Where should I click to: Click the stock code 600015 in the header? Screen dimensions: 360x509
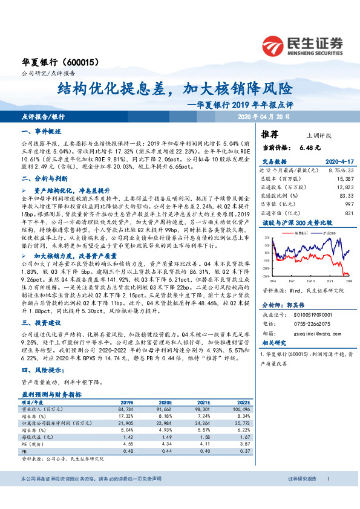click(82, 62)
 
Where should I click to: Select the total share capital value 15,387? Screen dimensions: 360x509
click(344, 179)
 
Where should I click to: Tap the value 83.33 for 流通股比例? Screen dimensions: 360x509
click(345, 196)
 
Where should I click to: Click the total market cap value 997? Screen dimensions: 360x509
click(349, 204)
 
